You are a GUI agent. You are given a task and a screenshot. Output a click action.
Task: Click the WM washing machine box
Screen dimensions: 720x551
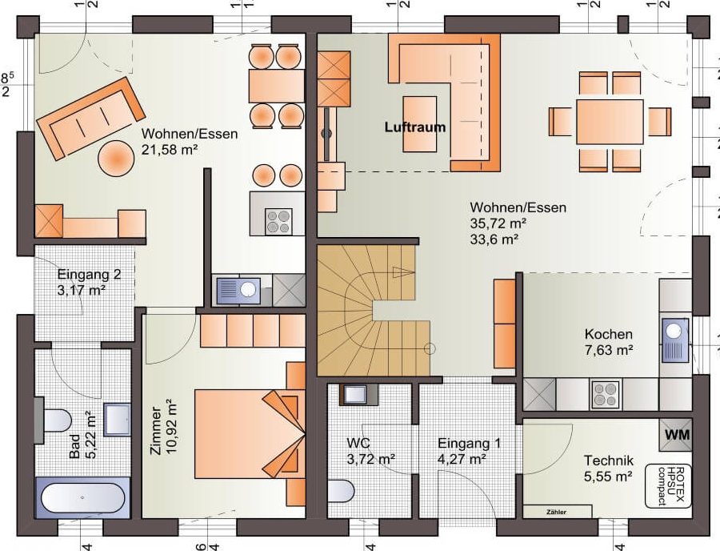(x=675, y=434)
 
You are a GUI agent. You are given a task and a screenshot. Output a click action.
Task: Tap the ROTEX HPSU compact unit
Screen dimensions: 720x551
(x=668, y=486)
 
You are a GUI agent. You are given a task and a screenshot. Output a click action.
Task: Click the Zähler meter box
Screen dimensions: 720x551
(x=557, y=512)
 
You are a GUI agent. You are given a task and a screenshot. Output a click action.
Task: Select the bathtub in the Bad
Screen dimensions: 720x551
(x=82, y=497)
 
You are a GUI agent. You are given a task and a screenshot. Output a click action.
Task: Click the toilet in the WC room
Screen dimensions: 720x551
(x=341, y=491)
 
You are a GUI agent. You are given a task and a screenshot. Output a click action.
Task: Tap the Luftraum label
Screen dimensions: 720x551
(x=415, y=127)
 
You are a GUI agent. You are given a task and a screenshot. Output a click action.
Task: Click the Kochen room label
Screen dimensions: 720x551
(x=609, y=334)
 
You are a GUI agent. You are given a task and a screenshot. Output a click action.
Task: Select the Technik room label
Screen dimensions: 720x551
(x=609, y=461)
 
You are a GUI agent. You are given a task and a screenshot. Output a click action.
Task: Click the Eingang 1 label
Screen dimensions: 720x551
(x=469, y=444)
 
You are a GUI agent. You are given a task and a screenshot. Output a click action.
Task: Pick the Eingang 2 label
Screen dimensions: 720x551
(x=89, y=275)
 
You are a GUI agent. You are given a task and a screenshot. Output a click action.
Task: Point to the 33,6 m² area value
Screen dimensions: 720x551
(x=494, y=239)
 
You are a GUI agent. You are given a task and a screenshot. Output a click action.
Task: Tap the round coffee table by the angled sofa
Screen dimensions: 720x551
(x=116, y=158)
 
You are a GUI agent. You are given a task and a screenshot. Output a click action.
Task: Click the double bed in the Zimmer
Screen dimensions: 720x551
(x=250, y=434)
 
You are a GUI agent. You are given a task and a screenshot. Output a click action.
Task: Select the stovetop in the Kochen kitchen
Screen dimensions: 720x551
(x=606, y=395)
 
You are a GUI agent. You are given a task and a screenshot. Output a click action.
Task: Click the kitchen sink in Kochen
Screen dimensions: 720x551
(x=675, y=340)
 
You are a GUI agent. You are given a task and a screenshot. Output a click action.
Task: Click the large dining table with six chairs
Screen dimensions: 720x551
(x=610, y=122)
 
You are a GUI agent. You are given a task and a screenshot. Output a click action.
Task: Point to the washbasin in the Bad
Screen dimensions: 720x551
(x=117, y=419)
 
